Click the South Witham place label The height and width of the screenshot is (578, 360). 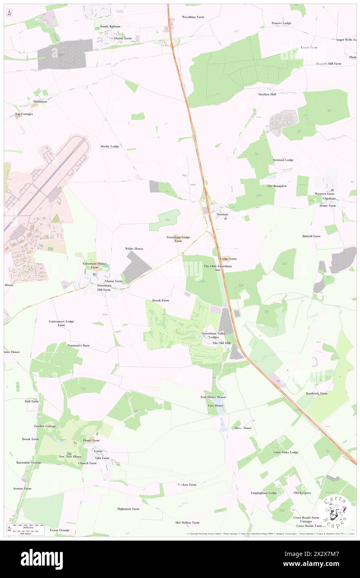click(110, 27)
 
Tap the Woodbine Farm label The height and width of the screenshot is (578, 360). click(193, 17)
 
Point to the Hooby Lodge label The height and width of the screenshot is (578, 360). click(110, 146)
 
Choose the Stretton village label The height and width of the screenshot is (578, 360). click(222, 214)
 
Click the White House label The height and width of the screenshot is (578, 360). click(134, 249)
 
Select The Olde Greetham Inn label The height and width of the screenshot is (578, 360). click(217, 268)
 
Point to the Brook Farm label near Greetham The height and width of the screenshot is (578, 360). click(160, 300)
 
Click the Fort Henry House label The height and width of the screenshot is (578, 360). click(213, 397)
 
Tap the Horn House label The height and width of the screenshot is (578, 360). click(243, 428)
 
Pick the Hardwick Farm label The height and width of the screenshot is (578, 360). click(316, 393)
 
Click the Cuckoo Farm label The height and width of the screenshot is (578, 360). click(187, 484)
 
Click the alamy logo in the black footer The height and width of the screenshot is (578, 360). click(42, 559)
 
